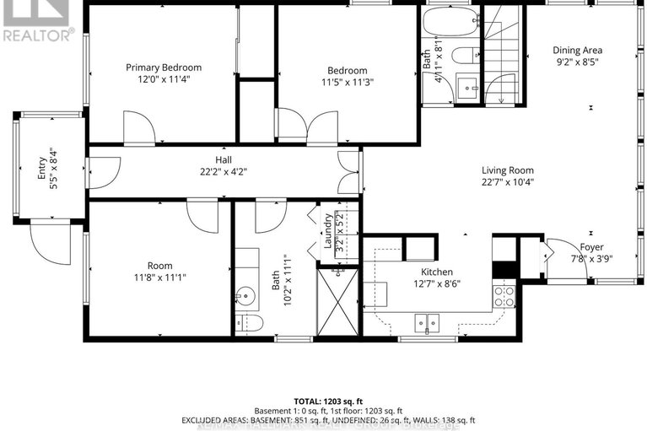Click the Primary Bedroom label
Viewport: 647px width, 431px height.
point(164,67)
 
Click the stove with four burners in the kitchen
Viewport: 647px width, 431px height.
point(504,296)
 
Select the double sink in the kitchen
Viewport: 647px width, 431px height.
point(426,321)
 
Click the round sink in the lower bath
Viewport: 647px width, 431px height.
point(245,295)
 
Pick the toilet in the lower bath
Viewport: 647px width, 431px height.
point(250,322)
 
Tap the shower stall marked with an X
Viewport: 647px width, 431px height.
point(337,302)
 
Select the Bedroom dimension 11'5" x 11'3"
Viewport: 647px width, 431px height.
point(347,82)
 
